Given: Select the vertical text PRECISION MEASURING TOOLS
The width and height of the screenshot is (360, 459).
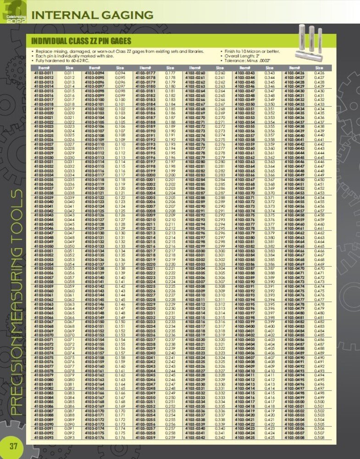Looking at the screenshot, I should (x=15, y=303).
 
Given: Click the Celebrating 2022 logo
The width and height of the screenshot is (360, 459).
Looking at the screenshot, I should (x=12, y=11).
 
